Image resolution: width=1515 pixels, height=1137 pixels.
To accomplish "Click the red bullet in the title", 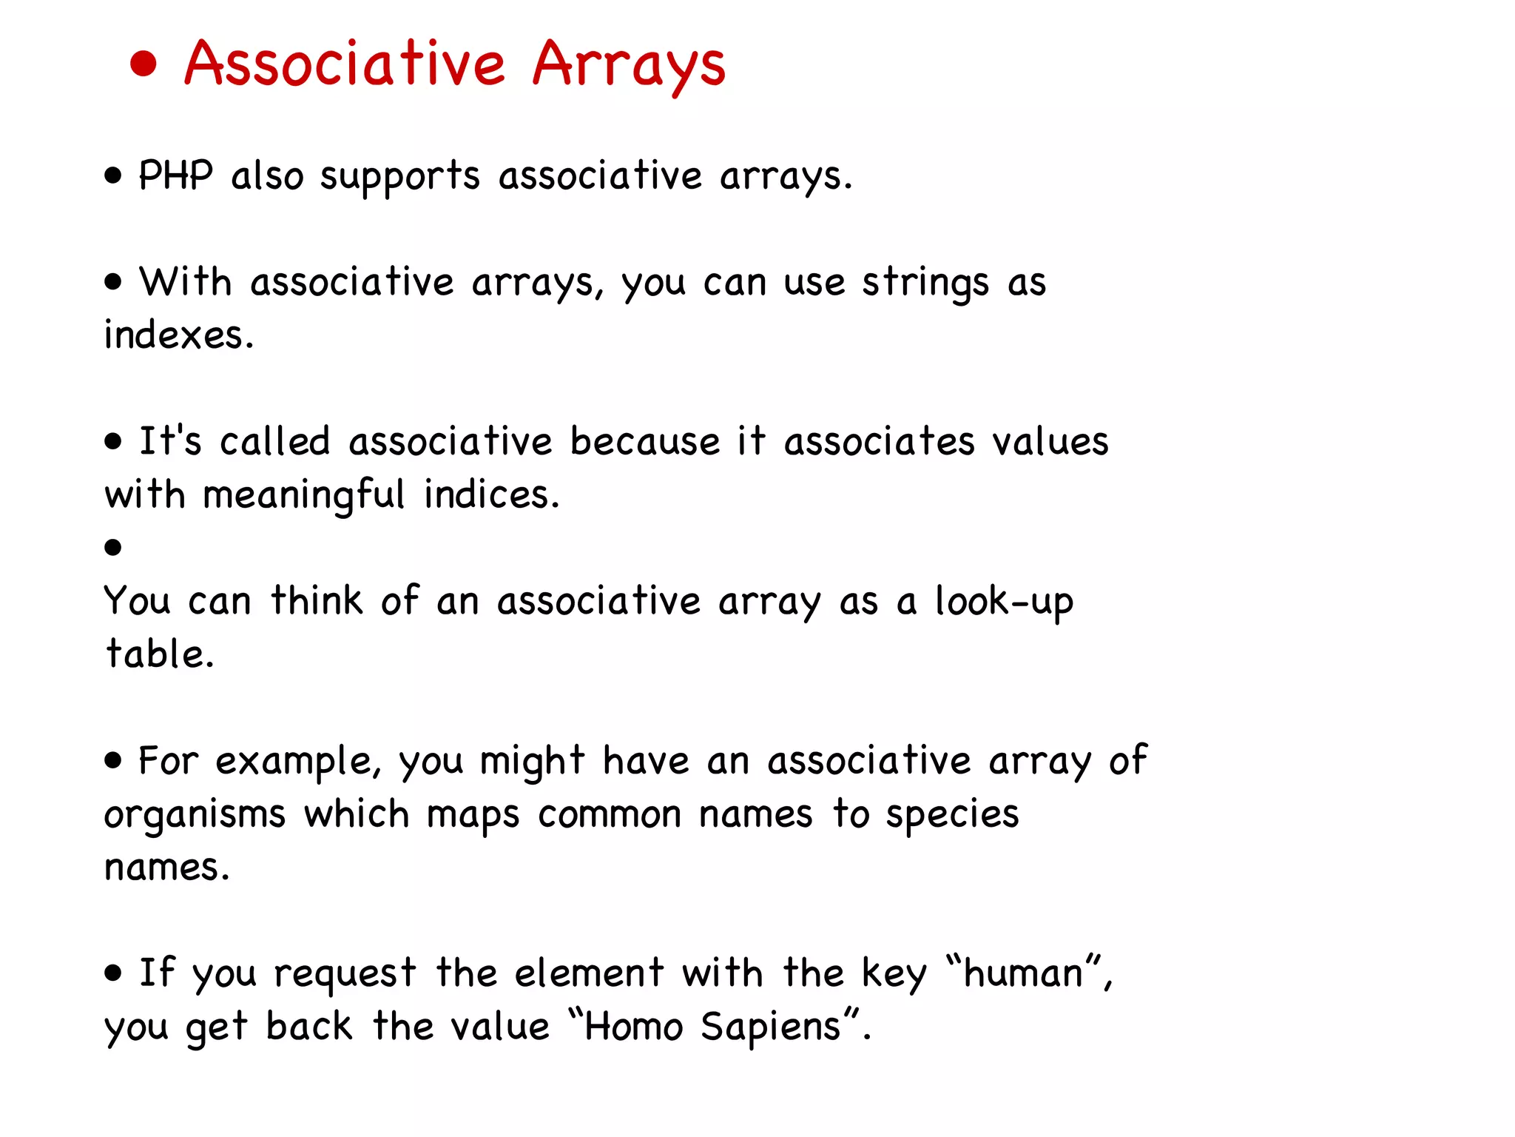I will tap(144, 64).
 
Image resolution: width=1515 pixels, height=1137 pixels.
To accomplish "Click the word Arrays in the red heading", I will tap(629, 65).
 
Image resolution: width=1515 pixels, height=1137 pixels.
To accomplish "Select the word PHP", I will tap(175, 176).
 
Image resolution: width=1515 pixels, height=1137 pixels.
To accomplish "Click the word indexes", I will tap(178, 335).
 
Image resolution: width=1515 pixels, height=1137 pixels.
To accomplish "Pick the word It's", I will tap(170, 441).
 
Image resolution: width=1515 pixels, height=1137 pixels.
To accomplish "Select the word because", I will tap(644, 442).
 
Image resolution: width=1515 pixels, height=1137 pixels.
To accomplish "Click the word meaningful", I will tap(303, 495).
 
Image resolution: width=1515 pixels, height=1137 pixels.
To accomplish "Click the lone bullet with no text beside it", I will tap(112, 548).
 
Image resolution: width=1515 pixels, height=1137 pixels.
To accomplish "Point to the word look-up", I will tap(1003, 602).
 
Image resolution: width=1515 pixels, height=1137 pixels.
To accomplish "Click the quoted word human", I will tap(1024, 973).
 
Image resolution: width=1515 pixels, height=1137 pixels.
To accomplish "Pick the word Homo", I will tap(633, 1027).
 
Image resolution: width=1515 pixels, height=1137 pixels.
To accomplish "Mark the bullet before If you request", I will tap(112, 973).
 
